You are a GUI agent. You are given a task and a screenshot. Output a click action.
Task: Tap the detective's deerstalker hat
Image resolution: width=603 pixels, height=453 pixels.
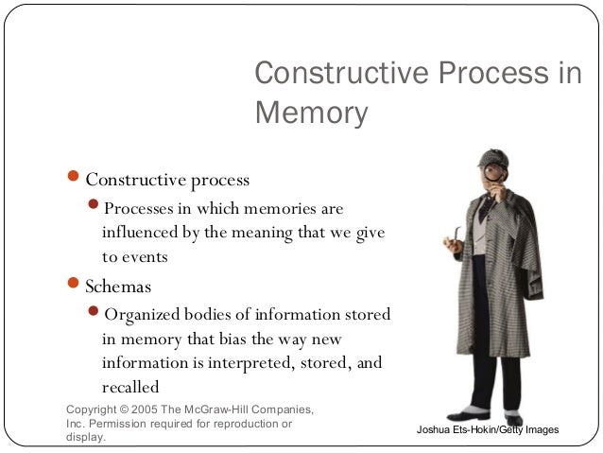click(494, 157)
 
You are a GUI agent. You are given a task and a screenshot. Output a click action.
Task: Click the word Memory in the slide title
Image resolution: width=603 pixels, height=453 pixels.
click(311, 113)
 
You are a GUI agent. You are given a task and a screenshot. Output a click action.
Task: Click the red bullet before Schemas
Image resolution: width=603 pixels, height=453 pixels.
click(76, 285)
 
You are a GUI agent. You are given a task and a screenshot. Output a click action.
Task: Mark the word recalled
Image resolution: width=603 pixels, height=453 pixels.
click(130, 387)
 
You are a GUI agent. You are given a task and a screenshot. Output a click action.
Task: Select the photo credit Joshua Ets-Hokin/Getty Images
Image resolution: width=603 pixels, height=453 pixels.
click(488, 430)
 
